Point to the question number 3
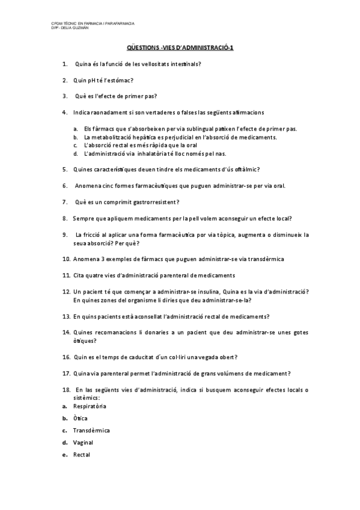64,96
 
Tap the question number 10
66,259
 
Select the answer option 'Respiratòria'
89,407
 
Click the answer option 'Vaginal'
83,443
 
